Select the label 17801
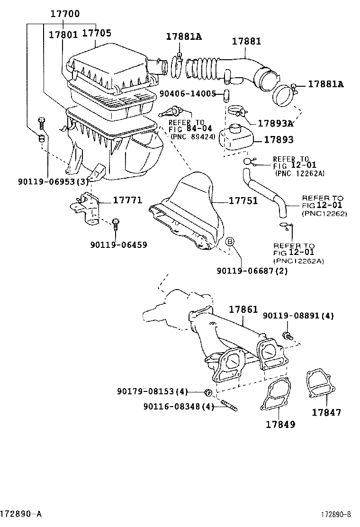[x=63, y=34]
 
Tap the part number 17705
[x=97, y=33]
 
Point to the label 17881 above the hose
[x=246, y=41]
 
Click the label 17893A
[x=275, y=123]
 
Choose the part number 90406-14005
[x=188, y=94]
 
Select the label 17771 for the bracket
[x=127, y=200]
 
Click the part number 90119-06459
[x=118, y=245]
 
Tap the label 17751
[x=243, y=201]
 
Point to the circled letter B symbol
[x=230, y=242]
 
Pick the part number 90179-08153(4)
[x=152, y=391]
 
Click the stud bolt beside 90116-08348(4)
[x=228, y=407]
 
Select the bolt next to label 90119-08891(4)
[x=287, y=336]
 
